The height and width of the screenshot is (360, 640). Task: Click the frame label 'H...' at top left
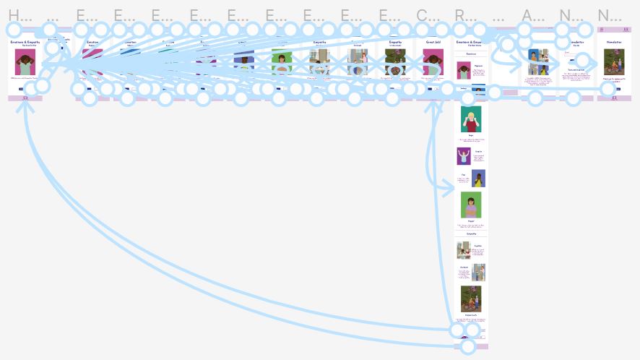pyautogui.click(x=19, y=14)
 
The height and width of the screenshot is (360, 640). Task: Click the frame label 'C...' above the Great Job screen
pyautogui.click(x=426, y=14)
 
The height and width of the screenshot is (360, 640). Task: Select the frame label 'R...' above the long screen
pyautogui.click(x=464, y=14)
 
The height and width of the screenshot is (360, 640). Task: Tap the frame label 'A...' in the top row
pyautogui.click(x=532, y=14)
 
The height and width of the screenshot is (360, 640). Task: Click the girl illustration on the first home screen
pyautogui.click(x=25, y=63)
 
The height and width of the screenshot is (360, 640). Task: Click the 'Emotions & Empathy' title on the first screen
pyautogui.click(x=25, y=43)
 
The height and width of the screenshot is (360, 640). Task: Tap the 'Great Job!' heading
pyautogui.click(x=433, y=43)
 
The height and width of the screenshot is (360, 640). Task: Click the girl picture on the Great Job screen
pyautogui.click(x=433, y=63)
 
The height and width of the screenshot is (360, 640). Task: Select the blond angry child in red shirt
pyautogui.click(x=471, y=119)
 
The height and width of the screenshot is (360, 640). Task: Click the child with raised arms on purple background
pyautogui.click(x=463, y=156)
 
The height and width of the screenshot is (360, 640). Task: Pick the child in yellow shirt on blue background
pyautogui.click(x=478, y=178)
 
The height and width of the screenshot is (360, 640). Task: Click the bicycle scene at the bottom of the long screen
pyautogui.click(x=471, y=298)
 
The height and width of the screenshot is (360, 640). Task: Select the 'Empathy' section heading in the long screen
pyautogui.click(x=471, y=233)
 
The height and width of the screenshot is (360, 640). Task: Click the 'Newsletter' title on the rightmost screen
pyautogui.click(x=614, y=43)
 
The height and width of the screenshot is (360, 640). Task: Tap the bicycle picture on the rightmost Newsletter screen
pyautogui.click(x=614, y=62)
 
